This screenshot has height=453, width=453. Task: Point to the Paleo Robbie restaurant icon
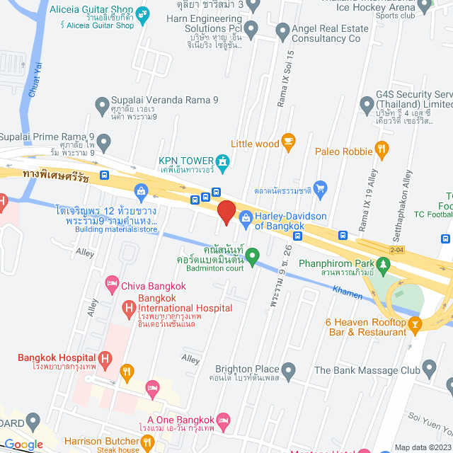pyautogui.click(x=382, y=149)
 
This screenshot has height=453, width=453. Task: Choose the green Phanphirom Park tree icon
pyautogui.click(x=384, y=266)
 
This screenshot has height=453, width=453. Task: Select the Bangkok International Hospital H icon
pyautogui.click(x=128, y=308)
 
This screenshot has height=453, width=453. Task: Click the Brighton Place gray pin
pyautogui.click(x=288, y=369)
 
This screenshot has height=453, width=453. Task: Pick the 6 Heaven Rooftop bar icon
pyautogui.click(x=415, y=324)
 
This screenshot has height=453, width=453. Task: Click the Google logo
pyautogui.click(x=23, y=444)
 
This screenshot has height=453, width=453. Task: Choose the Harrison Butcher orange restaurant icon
pyautogui.click(x=148, y=443)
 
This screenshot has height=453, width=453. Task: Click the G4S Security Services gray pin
pyautogui.click(x=366, y=105)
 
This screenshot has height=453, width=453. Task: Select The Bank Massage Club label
pyautogui.click(x=367, y=369)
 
